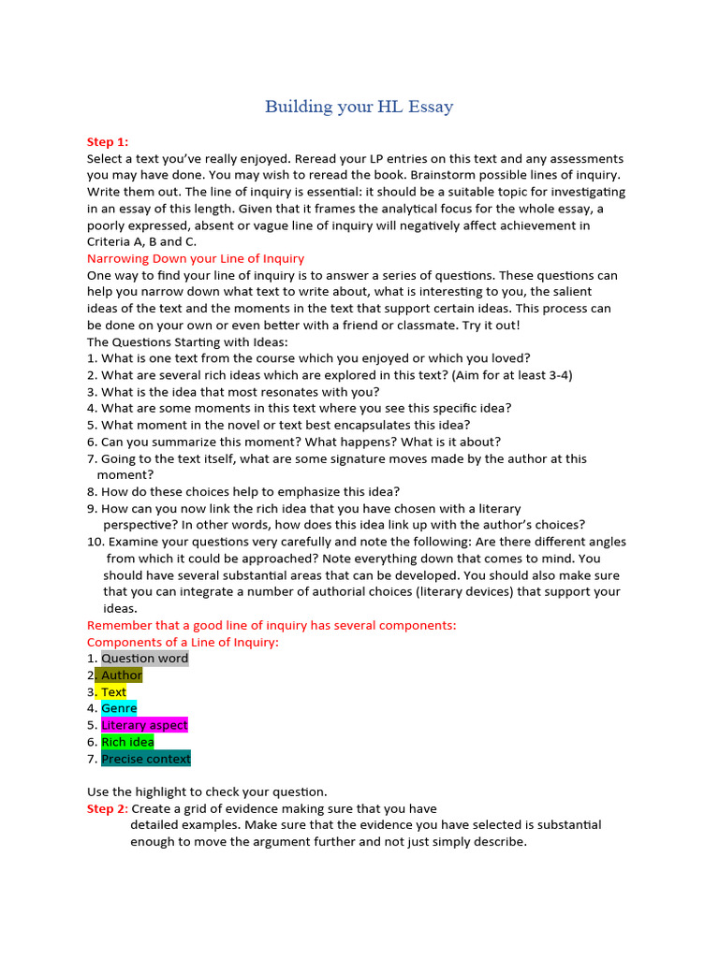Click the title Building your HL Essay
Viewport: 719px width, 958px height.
(359, 107)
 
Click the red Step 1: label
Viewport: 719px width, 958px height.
(107, 142)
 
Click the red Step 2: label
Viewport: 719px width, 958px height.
(107, 808)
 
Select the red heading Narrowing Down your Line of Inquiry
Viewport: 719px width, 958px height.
(195, 258)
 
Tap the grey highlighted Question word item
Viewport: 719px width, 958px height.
(144, 659)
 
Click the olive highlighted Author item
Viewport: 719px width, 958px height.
(121, 675)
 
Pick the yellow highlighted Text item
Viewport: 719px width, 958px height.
(113, 692)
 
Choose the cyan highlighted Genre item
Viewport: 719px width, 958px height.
(119, 709)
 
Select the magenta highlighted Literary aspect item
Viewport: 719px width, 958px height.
(144, 725)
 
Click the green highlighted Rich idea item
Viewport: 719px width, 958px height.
(127, 742)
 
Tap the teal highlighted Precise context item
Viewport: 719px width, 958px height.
(145, 759)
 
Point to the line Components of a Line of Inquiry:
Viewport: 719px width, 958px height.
(183, 642)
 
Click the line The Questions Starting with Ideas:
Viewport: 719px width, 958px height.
(187, 341)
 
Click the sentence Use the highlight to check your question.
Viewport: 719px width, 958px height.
(207, 791)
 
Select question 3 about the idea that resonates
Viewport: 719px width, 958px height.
(233, 392)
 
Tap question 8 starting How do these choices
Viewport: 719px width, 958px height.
(243, 491)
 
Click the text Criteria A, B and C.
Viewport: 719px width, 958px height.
(141, 241)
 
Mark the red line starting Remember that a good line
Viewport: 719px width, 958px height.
(271, 625)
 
